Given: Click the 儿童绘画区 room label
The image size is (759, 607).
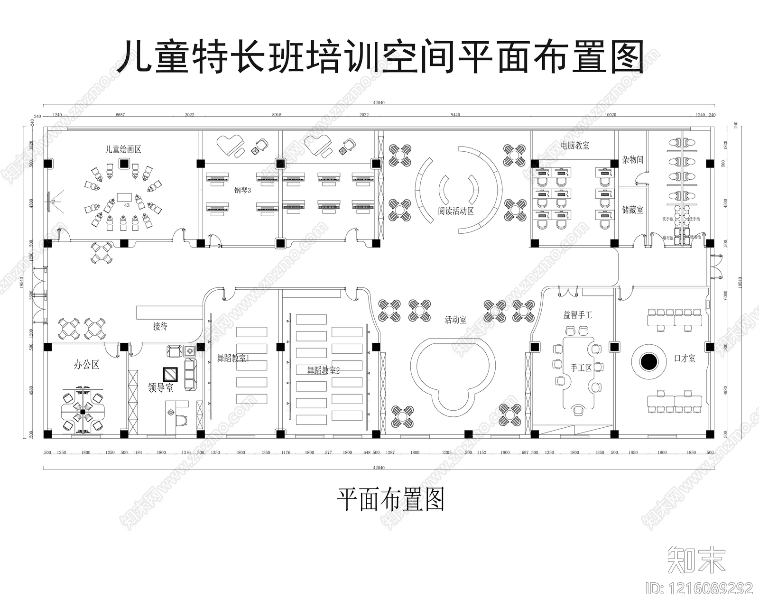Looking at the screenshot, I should (x=123, y=149).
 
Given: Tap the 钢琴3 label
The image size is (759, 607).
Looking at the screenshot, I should (x=242, y=191).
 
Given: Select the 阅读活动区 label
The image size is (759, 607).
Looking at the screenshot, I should (x=456, y=211).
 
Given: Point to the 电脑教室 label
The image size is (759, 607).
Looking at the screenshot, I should (x=575, y=146).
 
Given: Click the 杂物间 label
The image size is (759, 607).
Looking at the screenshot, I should (x=633, y=160).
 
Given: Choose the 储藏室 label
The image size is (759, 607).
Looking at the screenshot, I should (x=633, y=210).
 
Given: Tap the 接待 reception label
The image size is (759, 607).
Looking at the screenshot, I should (x=160, y=326).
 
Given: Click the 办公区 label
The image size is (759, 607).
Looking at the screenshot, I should (x=86, y=365).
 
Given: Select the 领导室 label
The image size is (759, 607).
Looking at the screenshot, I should (x=160, y=388).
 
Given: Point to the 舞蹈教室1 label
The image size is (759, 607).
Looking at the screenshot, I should (x=233, y=358).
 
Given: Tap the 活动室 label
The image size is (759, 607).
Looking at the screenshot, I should (x=455, y=320).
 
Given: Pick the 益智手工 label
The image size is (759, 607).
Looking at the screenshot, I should (x=577, y=314).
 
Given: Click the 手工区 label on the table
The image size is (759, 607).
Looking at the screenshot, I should (x=581, y=368).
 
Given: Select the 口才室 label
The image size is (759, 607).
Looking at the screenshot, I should (x=685, y=359).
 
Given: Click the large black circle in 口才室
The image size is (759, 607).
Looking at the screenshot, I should (x=649, y=362).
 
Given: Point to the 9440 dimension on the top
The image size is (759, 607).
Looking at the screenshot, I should (x=455, y=115).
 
